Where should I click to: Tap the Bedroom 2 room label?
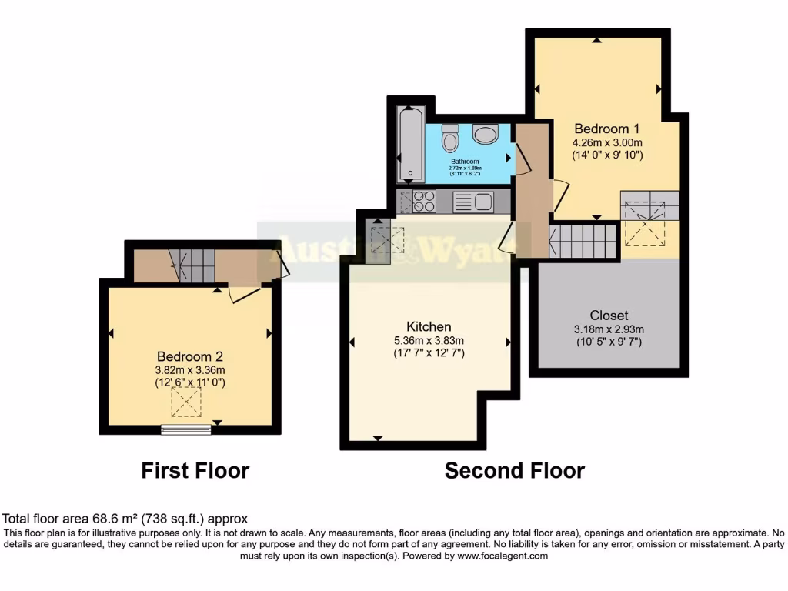190,356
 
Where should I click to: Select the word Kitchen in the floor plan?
429,326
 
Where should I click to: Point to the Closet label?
609,315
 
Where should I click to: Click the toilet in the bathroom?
450,139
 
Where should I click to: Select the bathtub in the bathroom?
409,144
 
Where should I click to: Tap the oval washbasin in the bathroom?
486,135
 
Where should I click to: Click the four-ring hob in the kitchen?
424,202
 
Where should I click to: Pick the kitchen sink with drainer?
472,202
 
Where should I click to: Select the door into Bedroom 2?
245,294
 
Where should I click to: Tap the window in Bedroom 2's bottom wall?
185,429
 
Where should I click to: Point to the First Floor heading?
195,470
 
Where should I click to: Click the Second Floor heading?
514,470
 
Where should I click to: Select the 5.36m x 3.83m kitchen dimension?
429,340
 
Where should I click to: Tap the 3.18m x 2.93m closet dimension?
609,329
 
